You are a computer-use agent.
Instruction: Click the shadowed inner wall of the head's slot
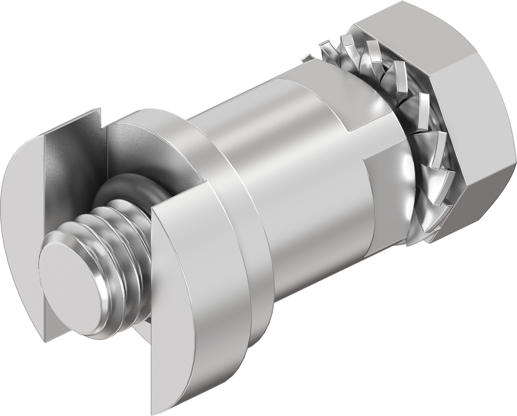click(76, 161)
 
